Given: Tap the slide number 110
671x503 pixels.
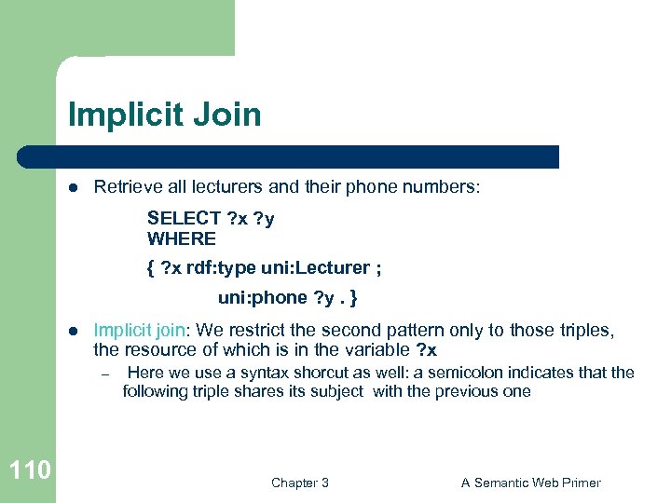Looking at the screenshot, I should click(x=29, y=470).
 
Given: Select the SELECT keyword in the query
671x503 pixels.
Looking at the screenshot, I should click(x=184, y=219).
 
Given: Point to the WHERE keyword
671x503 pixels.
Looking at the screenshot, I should click(x=181, y=238).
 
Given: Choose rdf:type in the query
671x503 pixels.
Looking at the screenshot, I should click(x=221, y=268).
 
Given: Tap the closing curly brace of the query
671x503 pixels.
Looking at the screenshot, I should click(x=354, y=298).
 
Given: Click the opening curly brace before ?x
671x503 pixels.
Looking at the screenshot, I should click(x=150, y=268).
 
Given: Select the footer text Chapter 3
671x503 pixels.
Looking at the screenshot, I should click(x=300, y=483).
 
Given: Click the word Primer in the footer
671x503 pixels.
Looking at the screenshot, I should click(x=579, y=483).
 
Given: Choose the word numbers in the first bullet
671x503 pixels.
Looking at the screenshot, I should click(x=445, y=187).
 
